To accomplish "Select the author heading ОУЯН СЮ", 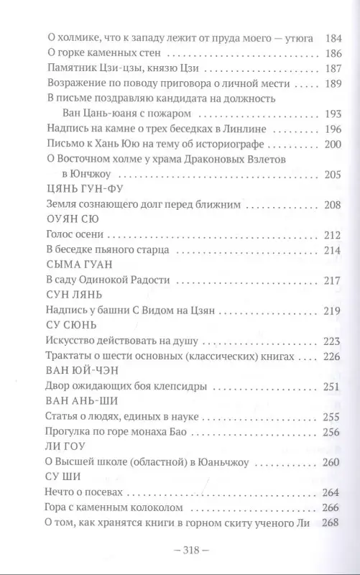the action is coord(68,218).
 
